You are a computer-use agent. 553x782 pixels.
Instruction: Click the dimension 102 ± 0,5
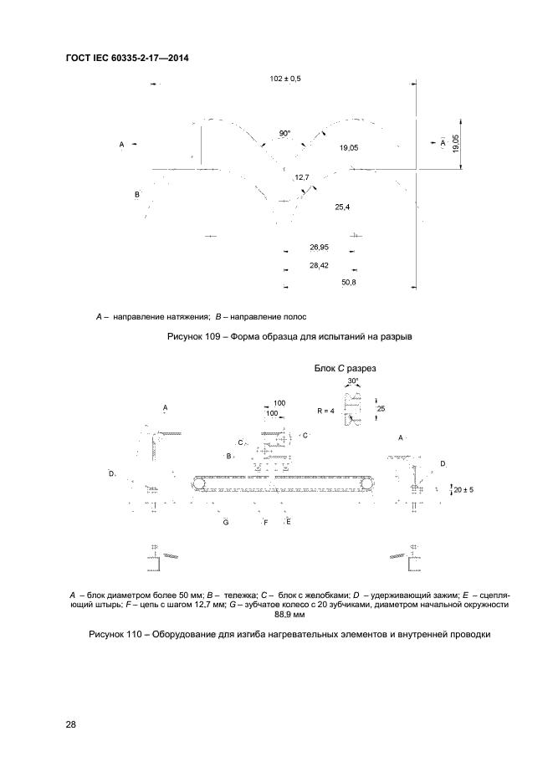(285, 78)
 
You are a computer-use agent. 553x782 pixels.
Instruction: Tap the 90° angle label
(285, 133)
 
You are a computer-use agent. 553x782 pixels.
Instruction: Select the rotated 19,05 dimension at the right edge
(454, 144)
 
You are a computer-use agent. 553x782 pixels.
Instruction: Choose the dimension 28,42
(319, 266)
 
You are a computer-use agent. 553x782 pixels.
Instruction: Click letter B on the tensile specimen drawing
(137, 195)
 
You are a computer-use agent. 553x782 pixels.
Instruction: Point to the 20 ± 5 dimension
(463, 488)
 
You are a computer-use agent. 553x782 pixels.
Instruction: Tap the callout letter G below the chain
(226, 522)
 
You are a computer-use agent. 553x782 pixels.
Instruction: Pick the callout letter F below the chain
(265, 522)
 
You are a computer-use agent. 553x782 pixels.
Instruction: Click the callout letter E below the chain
(288, 522)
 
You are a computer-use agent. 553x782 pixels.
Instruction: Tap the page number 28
(70, 725)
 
